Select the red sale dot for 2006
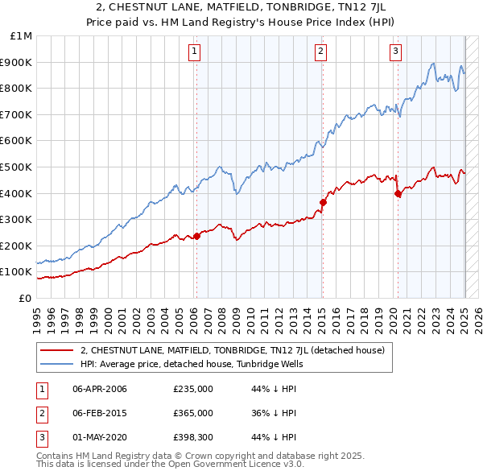click(x=196, y=236)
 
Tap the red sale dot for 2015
click(x=323, y=202)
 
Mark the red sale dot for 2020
click(x=398, y=193)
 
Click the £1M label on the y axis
click(x=22, y=36)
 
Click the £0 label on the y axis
click(x=26, y=298)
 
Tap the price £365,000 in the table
click(x=193, y=413)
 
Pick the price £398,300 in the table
click(x=193, y=437)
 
